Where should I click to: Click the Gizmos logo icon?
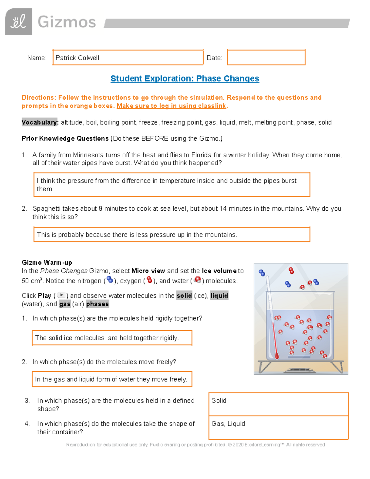18,22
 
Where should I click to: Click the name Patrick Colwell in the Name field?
77,58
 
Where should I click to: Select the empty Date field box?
266,58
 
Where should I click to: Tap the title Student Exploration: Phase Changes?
185,79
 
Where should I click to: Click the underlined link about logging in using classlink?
171,106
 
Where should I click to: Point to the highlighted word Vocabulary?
40,122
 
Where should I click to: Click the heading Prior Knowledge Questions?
65,138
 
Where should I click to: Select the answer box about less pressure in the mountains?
171,235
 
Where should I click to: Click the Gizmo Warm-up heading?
47,262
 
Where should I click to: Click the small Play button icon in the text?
61,295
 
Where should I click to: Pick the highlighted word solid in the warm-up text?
184,295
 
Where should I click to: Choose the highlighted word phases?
97,304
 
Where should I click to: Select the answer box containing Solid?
278,404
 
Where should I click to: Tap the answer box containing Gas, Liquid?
278,427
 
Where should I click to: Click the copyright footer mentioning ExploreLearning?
195,445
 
